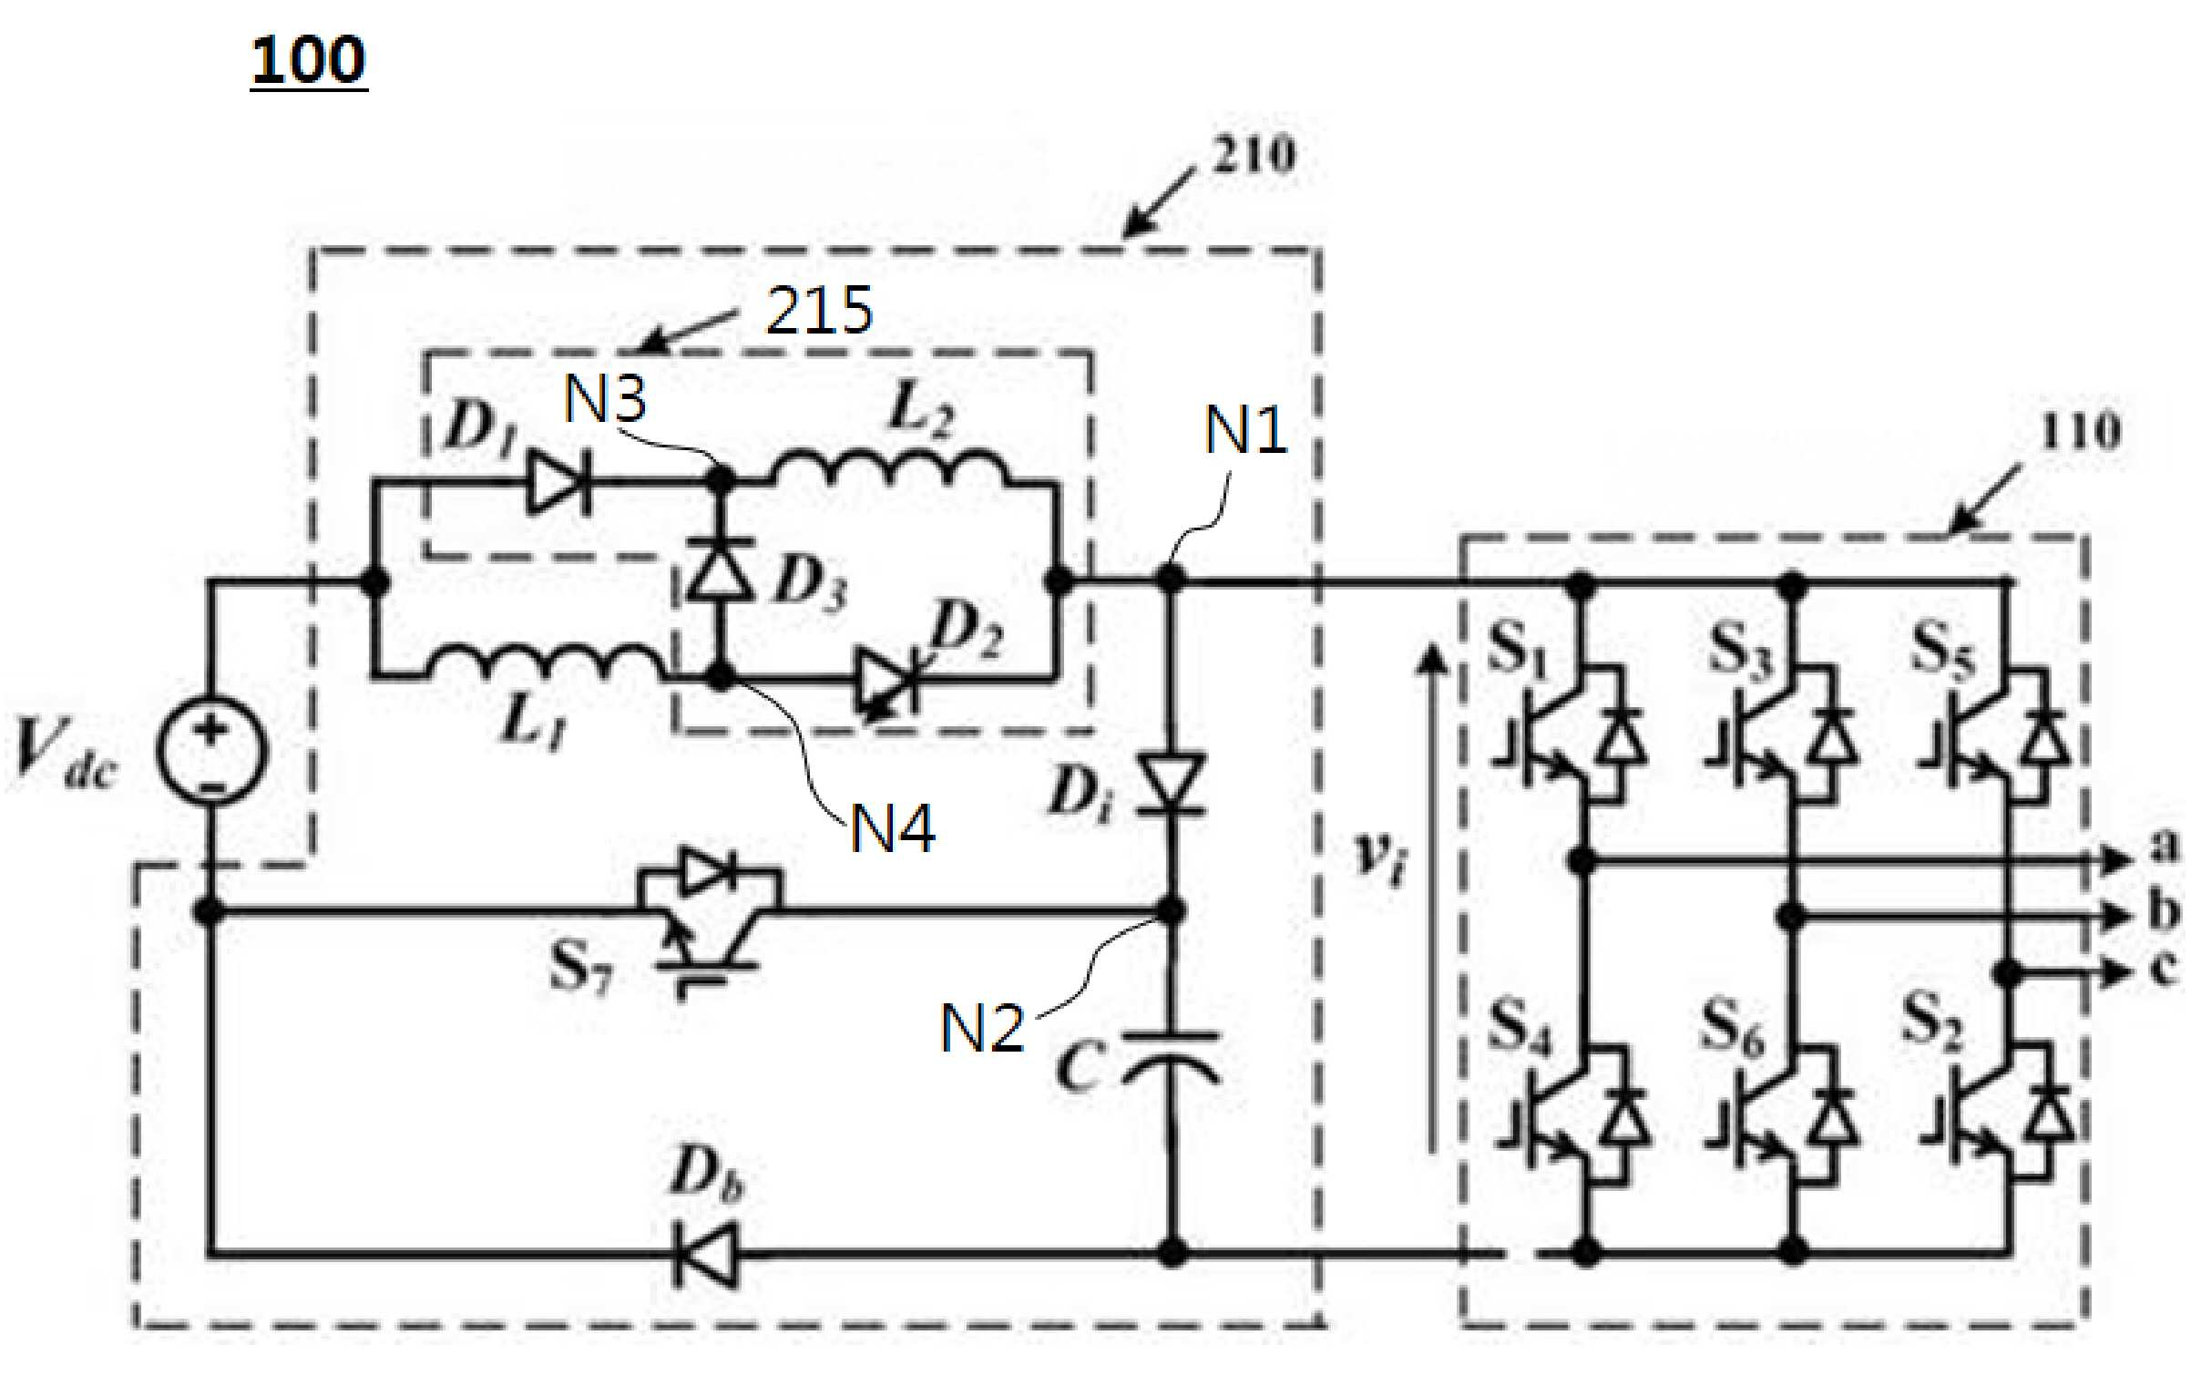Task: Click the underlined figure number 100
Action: (308, 62)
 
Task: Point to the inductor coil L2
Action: (892, 468)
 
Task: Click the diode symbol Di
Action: (1172, 785)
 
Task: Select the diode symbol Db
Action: (705, 1255)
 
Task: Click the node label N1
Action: (1245, 430)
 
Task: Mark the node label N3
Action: (605, 398)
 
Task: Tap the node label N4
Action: (893, 829)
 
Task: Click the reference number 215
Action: (819, 311)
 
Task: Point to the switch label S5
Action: (1943, 650)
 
